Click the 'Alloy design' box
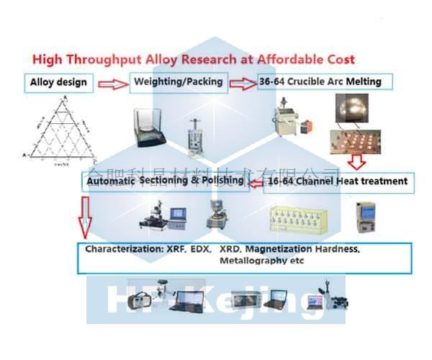click(x=59, y=81)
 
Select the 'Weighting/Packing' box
click(x=177, y=82)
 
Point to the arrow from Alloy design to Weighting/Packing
click(x=111, y=84)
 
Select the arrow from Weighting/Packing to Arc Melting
click(x=241, y=84)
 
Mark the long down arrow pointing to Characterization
click(x=86, y=216)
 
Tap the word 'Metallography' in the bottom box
click(x=249, y=261)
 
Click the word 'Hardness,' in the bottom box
click(x=334, y=249)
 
